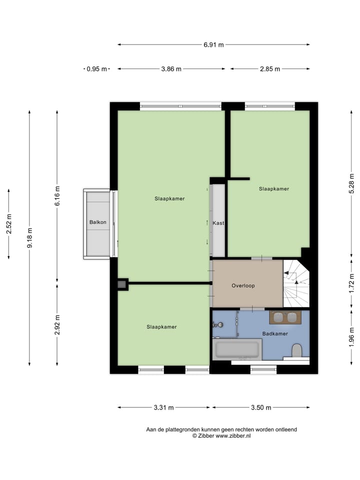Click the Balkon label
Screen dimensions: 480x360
[x=98, y=222]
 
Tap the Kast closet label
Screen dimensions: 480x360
[x=218, y=223]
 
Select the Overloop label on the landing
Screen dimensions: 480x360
[x=243, y=286]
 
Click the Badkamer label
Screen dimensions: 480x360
[x=274, y=333]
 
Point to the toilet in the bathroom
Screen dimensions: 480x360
[x=297, y=350]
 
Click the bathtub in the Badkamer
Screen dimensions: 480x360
[x=237, y=349]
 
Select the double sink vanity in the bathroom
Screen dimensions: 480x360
[x=285, y=317]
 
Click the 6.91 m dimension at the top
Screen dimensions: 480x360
[x=213, y=44]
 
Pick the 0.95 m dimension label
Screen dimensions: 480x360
[x=96, y=69]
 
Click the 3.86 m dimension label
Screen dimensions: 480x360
[x=171, y=69]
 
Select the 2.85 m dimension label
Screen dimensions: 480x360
[x=270, y=69]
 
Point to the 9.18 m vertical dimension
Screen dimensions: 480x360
[x=29, y=238]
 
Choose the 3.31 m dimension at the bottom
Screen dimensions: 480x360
[x=163, y=407]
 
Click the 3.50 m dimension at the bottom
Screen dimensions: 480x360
[x=261, y=407]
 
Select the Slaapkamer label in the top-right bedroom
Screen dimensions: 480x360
[x=274, y=189]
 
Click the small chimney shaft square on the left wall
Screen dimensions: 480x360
[x=122, y=284]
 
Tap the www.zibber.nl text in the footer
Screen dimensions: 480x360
[x=233, y=436]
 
